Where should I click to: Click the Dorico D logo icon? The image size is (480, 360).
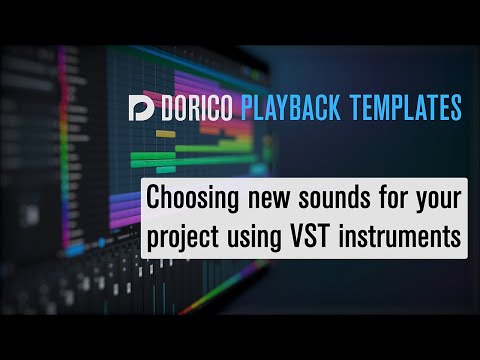point(141,107)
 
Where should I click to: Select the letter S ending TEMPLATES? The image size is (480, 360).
point(456,107)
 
